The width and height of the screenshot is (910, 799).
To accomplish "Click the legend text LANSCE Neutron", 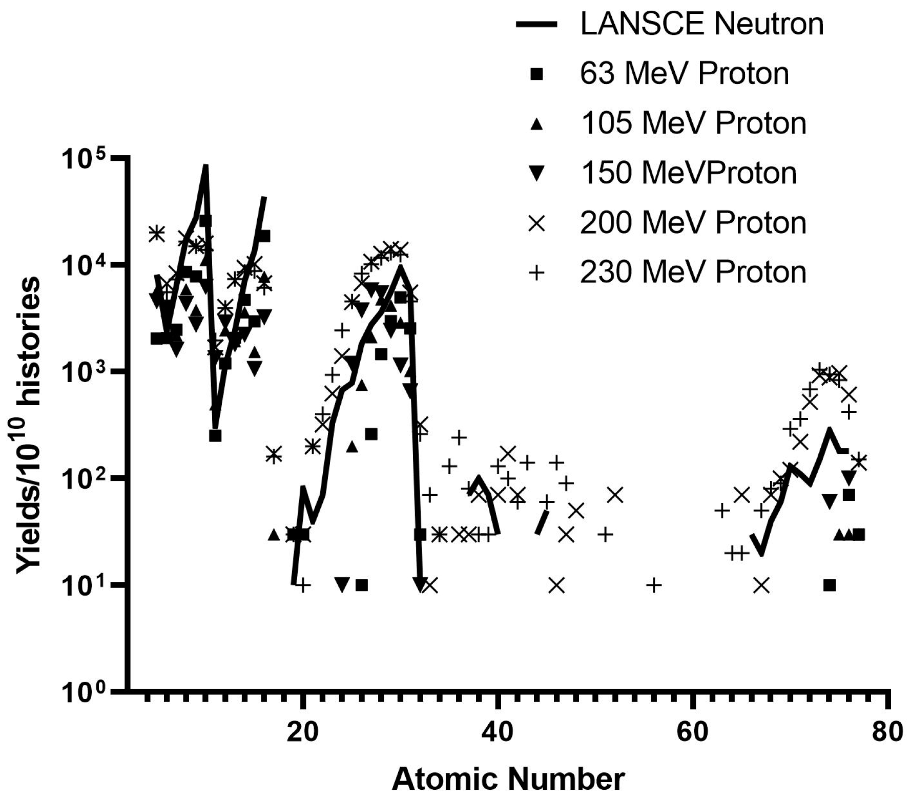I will coord(701,24).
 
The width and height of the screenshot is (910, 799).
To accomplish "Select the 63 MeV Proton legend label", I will coord(684,74).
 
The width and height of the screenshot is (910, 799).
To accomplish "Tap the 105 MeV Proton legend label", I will coord(693,123).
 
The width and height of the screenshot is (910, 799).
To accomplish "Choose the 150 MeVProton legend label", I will coord(688,173).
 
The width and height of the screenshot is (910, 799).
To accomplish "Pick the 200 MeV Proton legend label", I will coord(693,223).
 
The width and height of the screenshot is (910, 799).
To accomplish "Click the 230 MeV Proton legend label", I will coord(693,272).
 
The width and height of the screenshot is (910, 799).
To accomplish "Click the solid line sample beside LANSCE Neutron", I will coord(536,25).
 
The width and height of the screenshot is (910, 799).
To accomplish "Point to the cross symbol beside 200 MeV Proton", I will coord(536,223).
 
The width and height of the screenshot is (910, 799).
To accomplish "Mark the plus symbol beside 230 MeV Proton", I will coord(536,272).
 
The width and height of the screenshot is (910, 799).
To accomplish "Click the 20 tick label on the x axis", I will coord(303,732).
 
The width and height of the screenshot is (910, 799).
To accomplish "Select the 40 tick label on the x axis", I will coord(498,732).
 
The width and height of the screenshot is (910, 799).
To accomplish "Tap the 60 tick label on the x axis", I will coord(692,732).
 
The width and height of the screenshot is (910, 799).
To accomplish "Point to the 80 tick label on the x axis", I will coord(886,732).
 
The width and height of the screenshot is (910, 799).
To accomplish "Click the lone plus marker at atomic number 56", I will coord(654,584).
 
